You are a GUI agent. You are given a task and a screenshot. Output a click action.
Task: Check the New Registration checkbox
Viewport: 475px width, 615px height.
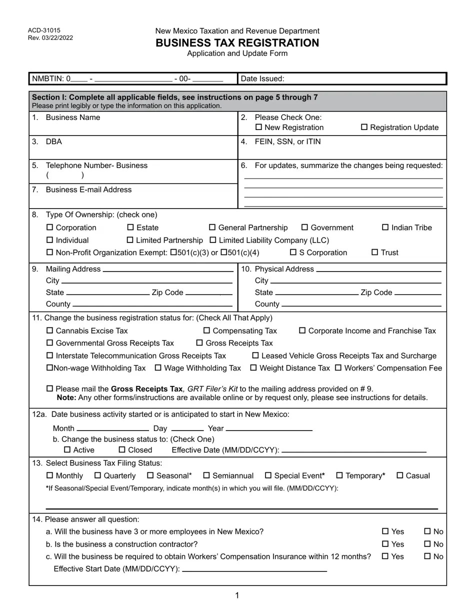[x=258, y=127]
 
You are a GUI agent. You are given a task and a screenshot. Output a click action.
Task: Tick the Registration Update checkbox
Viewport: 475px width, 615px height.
[x=364, y=127]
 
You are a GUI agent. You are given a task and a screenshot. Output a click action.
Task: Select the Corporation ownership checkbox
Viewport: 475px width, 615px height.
[x=49, y=227]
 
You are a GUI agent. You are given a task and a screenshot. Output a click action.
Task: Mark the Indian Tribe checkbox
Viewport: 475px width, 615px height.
[x=385, y=227]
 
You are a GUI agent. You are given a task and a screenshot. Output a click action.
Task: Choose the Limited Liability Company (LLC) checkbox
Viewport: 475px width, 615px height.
[x=212, y=240]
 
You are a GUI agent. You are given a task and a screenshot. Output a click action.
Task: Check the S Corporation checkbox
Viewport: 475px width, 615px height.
[x=293, y=252]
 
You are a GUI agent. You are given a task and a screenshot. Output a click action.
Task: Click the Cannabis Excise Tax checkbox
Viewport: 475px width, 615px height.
[x=49, y=331]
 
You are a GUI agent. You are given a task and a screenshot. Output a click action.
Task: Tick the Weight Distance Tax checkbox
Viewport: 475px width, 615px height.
[x=253, y=368]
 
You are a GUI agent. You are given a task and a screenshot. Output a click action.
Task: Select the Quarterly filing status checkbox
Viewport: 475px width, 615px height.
[x=97, y=475]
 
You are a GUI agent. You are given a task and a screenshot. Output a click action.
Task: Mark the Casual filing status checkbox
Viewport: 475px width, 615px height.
[x=399, y=475]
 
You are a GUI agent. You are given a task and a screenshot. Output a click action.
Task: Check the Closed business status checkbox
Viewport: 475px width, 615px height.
[x=122, y=450]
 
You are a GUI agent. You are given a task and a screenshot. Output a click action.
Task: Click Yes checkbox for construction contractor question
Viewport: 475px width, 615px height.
[x=385, y=544]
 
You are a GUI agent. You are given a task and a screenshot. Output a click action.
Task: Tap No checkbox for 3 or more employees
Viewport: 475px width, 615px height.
[x=427, y=531]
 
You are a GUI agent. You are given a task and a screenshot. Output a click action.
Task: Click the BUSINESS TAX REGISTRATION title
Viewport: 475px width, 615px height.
[x=237, y=43]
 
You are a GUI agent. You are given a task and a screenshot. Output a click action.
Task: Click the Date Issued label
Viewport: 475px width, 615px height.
[x=262, y=78]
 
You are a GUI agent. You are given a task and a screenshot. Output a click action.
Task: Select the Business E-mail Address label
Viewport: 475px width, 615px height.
[x=88, y=190]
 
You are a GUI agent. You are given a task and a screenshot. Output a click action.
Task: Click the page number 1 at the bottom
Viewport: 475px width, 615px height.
[x=237, y=595]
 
